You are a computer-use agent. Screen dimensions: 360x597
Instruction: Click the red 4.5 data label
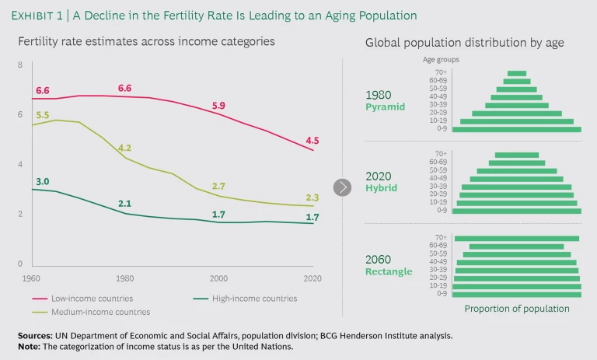pyautogui.click(x=312, y=141)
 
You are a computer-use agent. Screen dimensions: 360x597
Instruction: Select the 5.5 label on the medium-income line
pyautogui.click(x=42, y=115)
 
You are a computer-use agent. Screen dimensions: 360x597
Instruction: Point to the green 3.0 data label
pyautogui.click(x=42, y=181)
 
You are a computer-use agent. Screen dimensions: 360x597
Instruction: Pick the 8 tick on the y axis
pyautogui.click(x=20, y=65)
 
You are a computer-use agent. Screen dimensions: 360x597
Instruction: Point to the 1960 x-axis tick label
pyautogui.click(x=31, y=278)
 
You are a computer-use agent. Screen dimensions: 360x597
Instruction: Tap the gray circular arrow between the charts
pyautogui.click(x=343, y=187)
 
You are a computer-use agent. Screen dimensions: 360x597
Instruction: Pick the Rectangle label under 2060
pyautogui.click(x=389, y=271)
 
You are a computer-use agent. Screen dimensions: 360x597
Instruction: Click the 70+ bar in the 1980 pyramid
pyautogui.click(x=516, y=73)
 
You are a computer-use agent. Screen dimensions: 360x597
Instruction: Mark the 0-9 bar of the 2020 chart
pyautogui.click(x=517, y=211)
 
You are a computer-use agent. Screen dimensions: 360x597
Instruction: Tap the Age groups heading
pyautogui.click(x=441, y=59)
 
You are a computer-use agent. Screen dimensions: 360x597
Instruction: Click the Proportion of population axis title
pyautogui.click(x=517, y=309)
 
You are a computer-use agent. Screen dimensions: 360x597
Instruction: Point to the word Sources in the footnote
pyautogui.click(x=37, y=334)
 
